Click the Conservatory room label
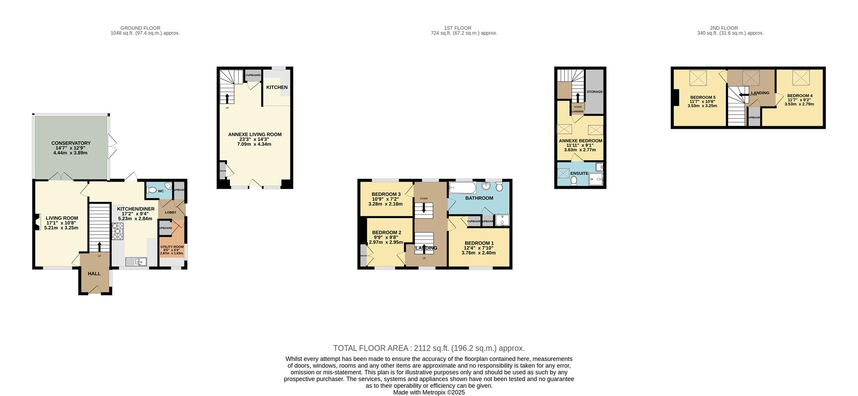(71, 143)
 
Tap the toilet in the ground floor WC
(151, 191)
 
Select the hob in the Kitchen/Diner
(118, 231)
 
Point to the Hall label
(94, 274)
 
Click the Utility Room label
(172, 247)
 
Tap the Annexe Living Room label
(255, 134)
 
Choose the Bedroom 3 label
(386, 194)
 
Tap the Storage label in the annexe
(594, 92)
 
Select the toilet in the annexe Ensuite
(574, 180)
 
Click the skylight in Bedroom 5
(698, 78)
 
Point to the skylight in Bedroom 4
(801, 77)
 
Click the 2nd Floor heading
(723, 28)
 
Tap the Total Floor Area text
(429, 348)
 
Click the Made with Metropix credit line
(429, 392)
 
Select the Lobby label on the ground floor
(170, 212)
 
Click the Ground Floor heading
(140, 28)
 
